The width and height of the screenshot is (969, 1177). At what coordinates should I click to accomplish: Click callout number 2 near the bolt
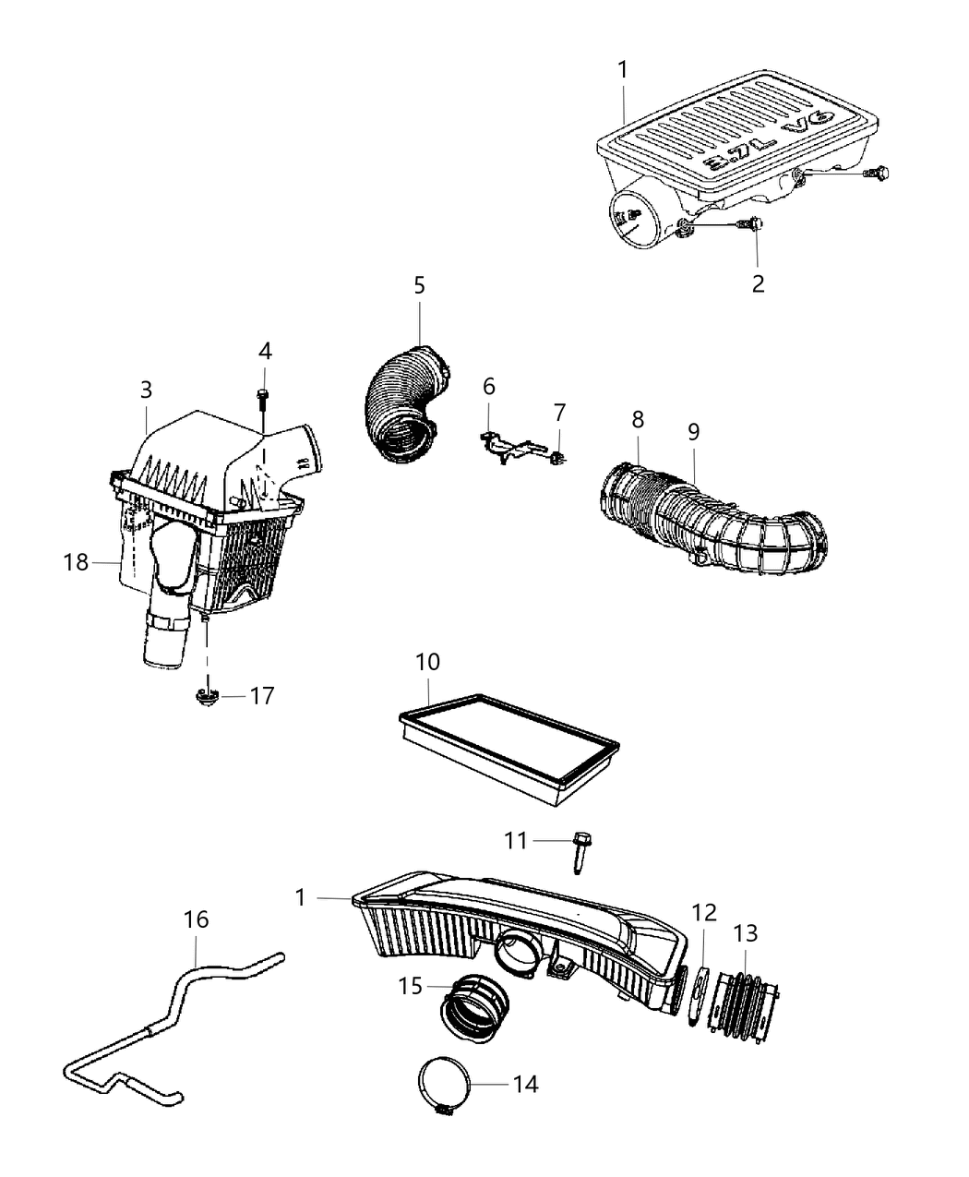pyautogui.click(x=758, y=282)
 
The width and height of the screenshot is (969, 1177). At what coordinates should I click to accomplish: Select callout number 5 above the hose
pyautogui.click(x=419, y=285)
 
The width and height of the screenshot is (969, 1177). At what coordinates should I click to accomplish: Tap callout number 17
pyautogui.click(x=262, y=695)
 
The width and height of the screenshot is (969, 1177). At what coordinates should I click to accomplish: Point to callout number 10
pyautogui.click(x=427, y=662)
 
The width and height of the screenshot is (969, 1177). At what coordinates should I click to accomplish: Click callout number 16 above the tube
pyautogui.click(x=197, y=919)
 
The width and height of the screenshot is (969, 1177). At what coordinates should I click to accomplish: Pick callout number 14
pyautogui.click(x=525, y=1083)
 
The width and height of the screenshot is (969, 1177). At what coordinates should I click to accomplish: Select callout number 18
pyautogui.click(x=77, y=561)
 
